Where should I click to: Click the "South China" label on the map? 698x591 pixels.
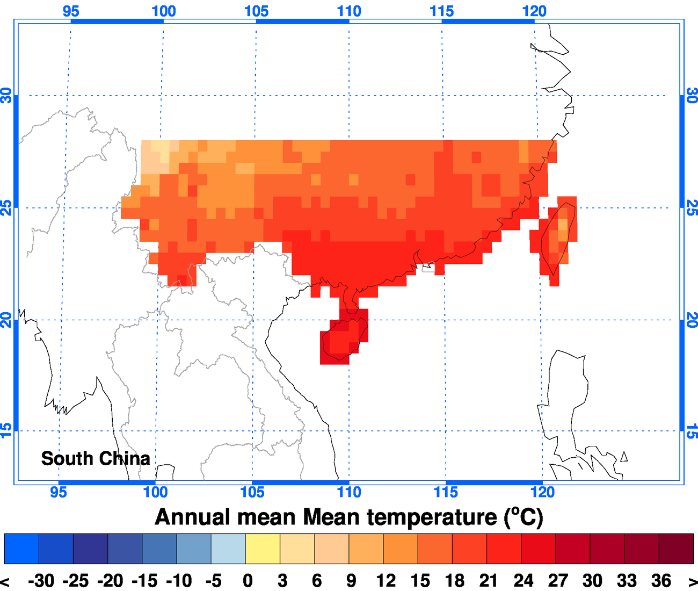tap(96, 458)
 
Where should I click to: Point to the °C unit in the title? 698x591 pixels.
tap(523, 517)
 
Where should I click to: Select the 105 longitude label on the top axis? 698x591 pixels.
tap(256, 11)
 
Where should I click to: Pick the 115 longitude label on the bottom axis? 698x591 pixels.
tap(446, 492)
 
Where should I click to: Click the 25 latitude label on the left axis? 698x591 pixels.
tap(6, 207)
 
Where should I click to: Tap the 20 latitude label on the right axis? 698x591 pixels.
tap(692, 320)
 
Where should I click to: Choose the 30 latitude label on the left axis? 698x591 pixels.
tap(6, 96)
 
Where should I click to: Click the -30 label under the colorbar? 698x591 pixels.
tap(41, 581)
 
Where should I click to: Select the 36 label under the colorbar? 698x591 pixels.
tap(661, 581)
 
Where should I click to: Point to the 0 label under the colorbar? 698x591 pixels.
tap(248, 581)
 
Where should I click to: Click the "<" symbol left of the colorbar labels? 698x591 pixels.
tap(5, 581)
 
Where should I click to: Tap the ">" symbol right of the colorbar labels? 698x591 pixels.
tap(692, 581)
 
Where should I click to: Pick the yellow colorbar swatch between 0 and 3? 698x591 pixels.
tap(263, 549)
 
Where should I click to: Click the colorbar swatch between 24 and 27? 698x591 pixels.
tap(538, 549)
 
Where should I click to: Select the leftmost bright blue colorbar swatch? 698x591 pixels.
tap(21, 549)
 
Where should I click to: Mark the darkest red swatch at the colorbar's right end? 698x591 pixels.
tap(676, 549)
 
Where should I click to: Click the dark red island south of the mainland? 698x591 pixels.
tap(344, 338)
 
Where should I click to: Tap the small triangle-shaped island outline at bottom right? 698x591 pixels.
tap(623, 457)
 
